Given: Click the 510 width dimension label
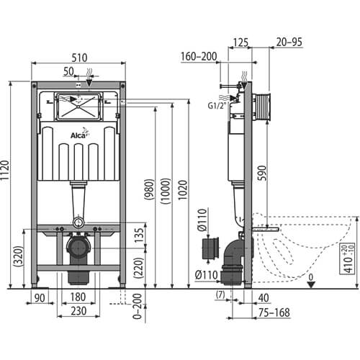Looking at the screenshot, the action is tap(79, 58).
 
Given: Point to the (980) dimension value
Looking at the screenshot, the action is tap(149, 189).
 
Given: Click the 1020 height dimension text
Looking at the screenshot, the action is tap(183, 190).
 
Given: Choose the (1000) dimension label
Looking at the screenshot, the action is tap(166, 191).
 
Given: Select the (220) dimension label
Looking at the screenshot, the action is tap(139, 268).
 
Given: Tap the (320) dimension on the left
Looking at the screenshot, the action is tap(18, 256).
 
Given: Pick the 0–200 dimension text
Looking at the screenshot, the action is tap(138, 306).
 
